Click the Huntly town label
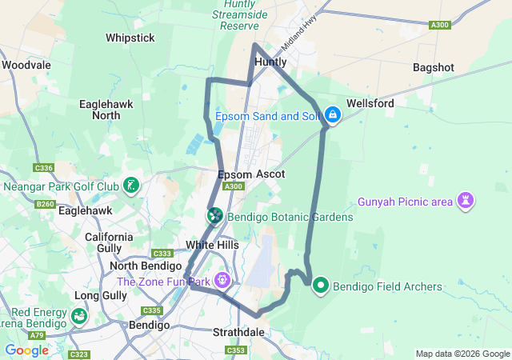tap(270, 62)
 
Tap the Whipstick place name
tap(130, 38)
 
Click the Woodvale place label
tap(26, 65)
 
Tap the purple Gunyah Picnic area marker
tap(466, 200)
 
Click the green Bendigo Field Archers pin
tap(321, 285)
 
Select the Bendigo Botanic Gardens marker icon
tap(215, 216)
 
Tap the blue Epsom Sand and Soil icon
tap(333, 116)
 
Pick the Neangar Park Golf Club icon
tap(132, 187)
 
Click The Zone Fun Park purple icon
tap(222, 282)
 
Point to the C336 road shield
tap(44, 168)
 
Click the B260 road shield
tap(46, 204)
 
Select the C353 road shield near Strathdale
tap(236, 350)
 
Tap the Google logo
tap(26, 350)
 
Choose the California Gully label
tap(110, 242)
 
